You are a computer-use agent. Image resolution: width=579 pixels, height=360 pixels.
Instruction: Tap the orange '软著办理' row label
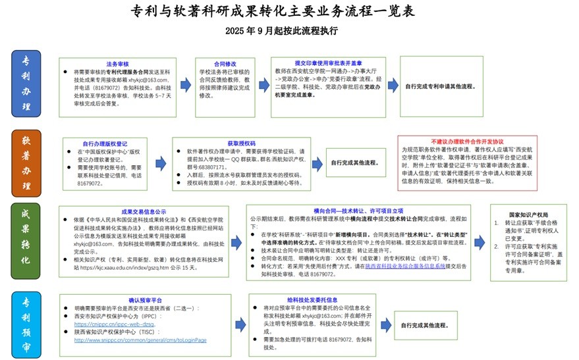click(x=26, y=163)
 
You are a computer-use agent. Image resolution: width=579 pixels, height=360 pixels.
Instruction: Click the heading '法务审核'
click(x=117, y=64)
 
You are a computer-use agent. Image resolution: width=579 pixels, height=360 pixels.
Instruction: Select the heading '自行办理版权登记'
click(x=105, y=143)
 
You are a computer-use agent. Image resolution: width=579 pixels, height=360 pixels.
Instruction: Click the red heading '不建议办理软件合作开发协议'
click(x=466, y=141)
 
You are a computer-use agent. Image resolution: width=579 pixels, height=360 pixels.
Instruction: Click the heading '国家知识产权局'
click(x=528, y=215)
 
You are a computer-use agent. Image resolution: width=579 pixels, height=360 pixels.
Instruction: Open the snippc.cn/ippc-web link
click(x=115, y=324)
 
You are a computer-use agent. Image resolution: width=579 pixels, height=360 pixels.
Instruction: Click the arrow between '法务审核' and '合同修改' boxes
click(x=184, y=86)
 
